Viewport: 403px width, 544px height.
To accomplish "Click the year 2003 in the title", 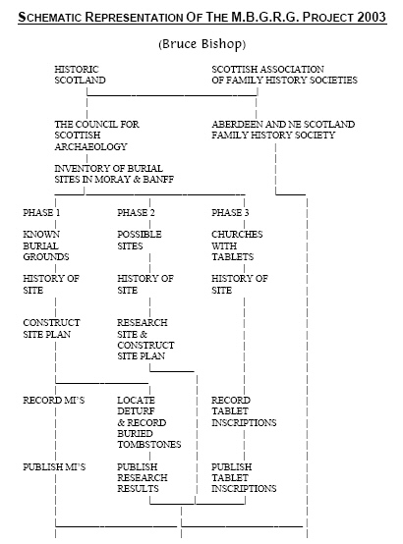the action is pyautogui.click(x=372, y=17).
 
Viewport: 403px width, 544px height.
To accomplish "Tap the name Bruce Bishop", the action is pyautogui.click(x=202, y=44).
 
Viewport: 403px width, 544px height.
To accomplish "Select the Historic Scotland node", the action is pyautogui.click(x=80, y=75).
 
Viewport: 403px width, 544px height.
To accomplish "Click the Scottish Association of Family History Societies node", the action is pyautogui.click(x=284, y=75).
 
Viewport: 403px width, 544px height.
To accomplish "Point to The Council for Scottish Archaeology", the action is pyautogui.click(x=96, y=136).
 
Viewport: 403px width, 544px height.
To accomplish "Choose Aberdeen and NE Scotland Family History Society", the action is pyautogui.click(x=283, y=130).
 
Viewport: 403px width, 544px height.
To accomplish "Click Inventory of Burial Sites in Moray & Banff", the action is pyautogui.click(x=114, y=174).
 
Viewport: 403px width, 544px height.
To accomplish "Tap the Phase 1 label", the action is pyautogui.click(x=41, y=213).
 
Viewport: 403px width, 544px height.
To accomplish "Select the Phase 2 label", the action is pyautogui.click(x=136, y=213).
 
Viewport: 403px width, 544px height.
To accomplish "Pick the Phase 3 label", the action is pyautogui.click(x=230, y=213).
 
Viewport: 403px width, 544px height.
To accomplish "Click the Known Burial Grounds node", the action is pyautogui.click(x=46, y=245).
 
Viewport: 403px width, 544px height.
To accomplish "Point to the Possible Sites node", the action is pyautogui.click(x=140, y=240).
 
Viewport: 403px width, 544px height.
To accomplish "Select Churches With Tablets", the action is pyautogui.click(x=237, y=245).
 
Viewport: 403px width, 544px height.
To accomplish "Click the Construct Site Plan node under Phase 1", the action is pyautogui.click(x=51, y=329).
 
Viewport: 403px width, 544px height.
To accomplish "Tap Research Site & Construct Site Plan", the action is pyautogui.click(x=145, y=340).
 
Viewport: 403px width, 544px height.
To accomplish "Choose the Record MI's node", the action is pyautogui.click(x=54, y=401).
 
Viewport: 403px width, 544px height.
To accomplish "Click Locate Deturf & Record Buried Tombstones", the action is pyautogui.click(x=149, y=422).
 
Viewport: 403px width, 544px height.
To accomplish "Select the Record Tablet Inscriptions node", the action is pyautogui.click(x=244, y=411).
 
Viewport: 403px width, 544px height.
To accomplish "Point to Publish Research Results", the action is pyautogui.click(x=143, y=478).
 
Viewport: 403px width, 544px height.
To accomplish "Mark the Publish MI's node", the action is pyautogui.click(x=54, y=467).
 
